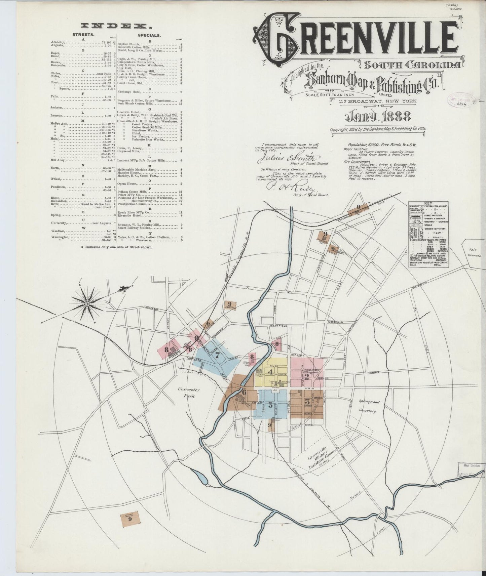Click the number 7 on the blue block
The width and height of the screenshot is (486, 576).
pos(217,355)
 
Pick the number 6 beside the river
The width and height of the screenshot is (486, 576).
pos(244,392)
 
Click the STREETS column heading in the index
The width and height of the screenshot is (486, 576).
pos(83,35)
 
